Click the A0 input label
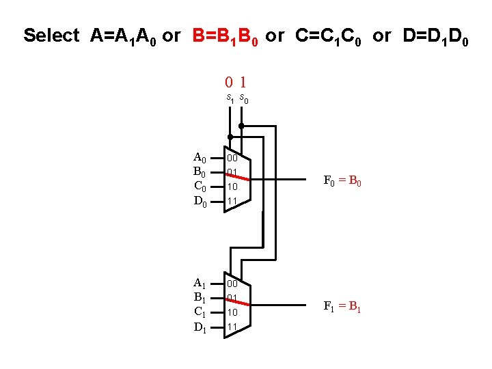coord(200,158)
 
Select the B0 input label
coord(200,172)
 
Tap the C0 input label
coord(200,186)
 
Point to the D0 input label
coord(200,201)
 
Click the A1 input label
coord(200,283)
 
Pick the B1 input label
coord(200,297)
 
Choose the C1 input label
coord(200,312)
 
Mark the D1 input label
coord(200,327)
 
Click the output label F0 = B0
coord(342,182)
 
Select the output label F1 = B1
coord(342,306)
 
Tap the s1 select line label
coord(231,99)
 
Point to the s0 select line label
coord(244,100)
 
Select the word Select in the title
coord(52,36)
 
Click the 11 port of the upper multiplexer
coord(233,201)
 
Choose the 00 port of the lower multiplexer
coord(233,283)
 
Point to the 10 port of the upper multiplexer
coord(233,187)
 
